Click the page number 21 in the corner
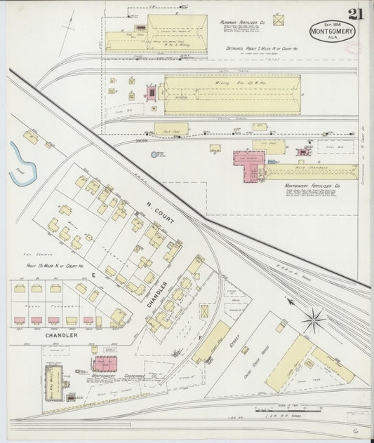click(355, 14)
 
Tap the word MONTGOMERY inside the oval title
click(333, 32)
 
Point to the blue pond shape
click(20, 161)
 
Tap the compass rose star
click(313, 320)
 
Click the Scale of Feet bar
click(272, 409)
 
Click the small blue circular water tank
click(154, 154)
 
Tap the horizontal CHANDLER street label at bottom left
click(61, 335)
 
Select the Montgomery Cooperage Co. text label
click(116, 376)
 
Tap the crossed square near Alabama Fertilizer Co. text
click(279, 20)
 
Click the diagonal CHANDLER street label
click(157, 295)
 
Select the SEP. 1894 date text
click(333, 22)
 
